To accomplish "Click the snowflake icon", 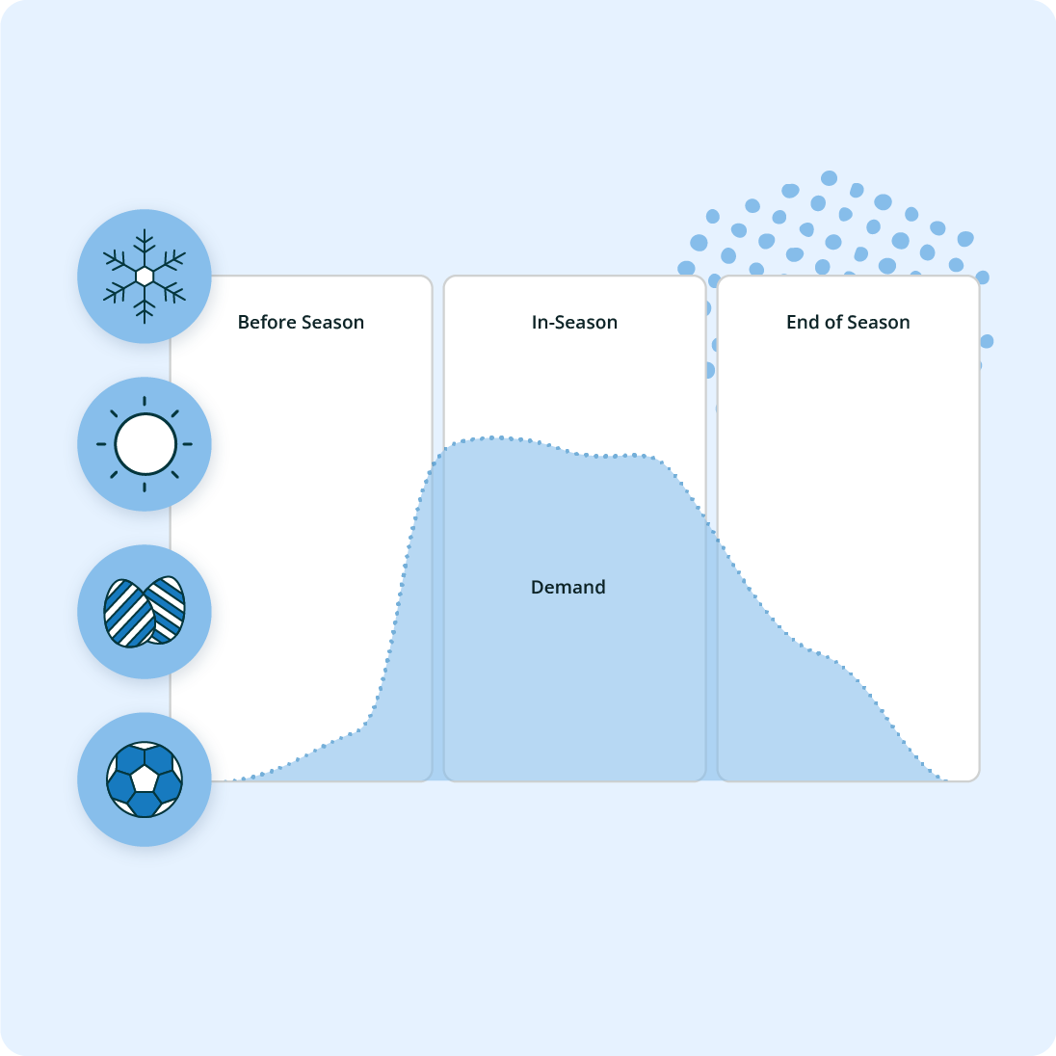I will (145, 277).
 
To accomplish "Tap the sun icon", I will (145, 444).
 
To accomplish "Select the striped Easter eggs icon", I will (145, 612).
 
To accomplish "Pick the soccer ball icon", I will (145, 779).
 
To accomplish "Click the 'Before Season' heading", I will (301, 323).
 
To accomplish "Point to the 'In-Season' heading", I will (574, 323).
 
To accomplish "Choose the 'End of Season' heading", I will (848, 323).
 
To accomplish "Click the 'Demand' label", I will (568, 587).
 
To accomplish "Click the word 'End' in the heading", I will (802, 323).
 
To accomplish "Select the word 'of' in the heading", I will (833, 323).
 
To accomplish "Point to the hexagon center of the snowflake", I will (145, 277).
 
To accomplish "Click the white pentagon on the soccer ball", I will (145, 778).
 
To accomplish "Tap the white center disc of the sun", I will (145, 444).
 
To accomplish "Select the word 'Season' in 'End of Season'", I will (879, 323).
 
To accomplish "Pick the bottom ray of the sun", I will (145, 487).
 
